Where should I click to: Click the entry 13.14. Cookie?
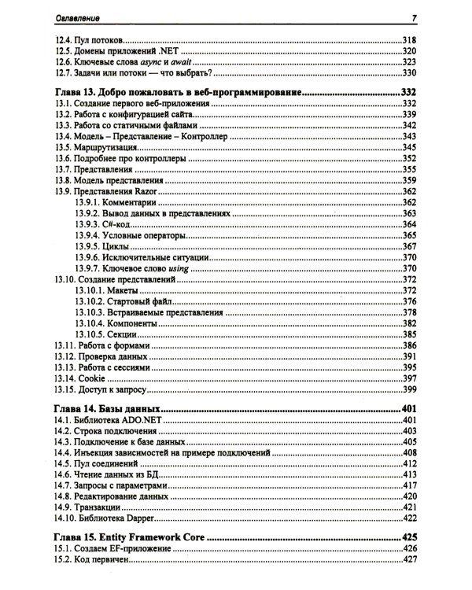click(84, 378)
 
